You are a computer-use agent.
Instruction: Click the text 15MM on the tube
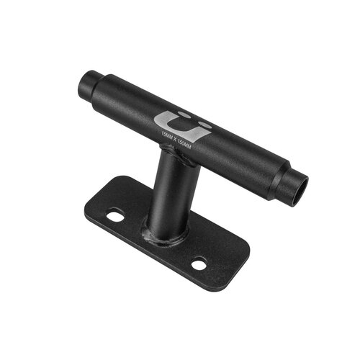click(x=168, y=135)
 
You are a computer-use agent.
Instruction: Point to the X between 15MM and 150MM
click(x=175, y=139)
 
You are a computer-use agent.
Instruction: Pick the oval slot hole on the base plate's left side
click(x=115, y=214)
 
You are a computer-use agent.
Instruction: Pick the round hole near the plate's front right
click(x=199, y=264)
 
